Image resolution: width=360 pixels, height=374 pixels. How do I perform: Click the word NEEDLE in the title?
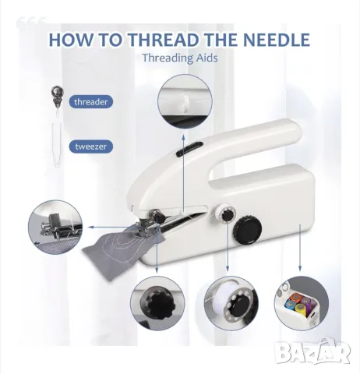(x=277, y=40)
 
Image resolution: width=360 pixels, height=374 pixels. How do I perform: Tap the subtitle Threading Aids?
(x=180, y=58)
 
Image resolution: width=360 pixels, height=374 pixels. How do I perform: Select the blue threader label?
(x=91, y=101)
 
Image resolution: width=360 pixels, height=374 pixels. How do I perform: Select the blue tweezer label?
(x=91, y=146)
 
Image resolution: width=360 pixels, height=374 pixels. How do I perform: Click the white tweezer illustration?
(x=57, y=145)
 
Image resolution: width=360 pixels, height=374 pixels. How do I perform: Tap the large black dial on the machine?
(x=247, y=229)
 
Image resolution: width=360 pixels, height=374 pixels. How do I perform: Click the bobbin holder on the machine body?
(x=227, y=214)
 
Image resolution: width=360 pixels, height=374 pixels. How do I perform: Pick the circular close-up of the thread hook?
(x=185, y=101)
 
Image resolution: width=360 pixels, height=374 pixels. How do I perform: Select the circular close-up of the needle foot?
(x=55, y=227)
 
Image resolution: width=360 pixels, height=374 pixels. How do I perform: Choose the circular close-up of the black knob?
(x=157, y=303)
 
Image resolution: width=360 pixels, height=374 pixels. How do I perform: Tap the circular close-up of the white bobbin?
(x=231, y=303)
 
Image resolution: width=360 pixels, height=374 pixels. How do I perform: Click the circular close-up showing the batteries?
(x=302, y=303)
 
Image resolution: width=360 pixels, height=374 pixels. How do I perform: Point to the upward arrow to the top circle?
(x=183, y=174)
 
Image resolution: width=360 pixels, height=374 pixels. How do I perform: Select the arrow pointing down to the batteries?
(x=300, y=248)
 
